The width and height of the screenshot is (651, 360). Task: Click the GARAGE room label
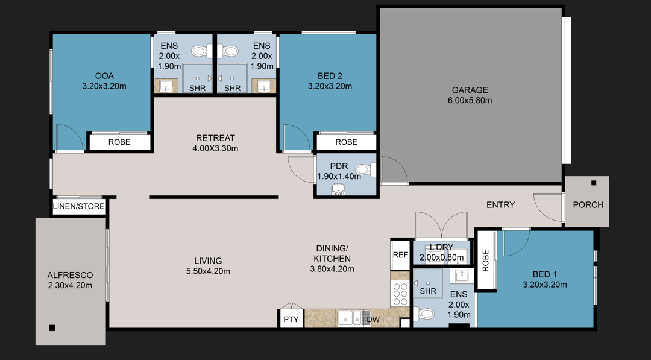click(470, 90)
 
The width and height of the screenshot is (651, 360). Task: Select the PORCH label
click(588, 204)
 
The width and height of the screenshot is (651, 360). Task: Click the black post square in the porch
click(594, 183)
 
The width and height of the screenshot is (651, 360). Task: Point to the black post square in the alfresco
click(52, 328)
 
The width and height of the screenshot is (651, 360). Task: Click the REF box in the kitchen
click(400, 254)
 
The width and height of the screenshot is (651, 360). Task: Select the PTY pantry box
click(291, 320)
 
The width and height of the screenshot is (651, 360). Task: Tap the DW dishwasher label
click(373, 319)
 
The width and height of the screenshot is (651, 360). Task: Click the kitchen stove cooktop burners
click(400, 295)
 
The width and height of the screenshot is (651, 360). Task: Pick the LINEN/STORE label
click(80, 206)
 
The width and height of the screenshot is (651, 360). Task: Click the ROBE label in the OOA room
click(119, 142)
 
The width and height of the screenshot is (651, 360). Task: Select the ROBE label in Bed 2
click(346, 142)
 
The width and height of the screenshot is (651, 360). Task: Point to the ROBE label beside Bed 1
click(485, 260)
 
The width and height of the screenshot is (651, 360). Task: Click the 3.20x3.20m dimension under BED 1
click(544, 285)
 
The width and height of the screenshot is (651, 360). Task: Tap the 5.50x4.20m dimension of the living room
click(207, 271)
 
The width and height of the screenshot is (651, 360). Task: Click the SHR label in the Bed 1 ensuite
click(428, 291)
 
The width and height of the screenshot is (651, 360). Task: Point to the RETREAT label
click(215, 137)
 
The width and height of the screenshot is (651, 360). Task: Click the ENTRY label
click(500, 205)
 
